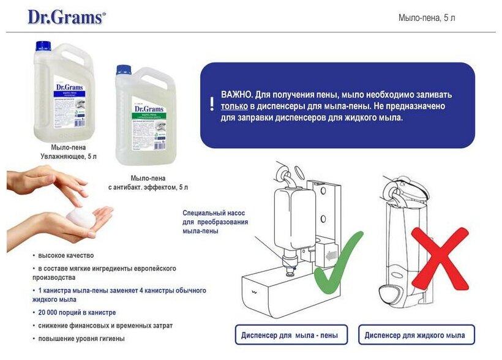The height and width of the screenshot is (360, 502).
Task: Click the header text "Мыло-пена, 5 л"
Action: coord(427,18)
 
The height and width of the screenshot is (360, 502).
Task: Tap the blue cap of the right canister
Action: coord(124,70)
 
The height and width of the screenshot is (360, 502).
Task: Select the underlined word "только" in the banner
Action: coord(234,106)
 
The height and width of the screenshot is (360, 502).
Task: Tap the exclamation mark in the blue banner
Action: coord(212,103)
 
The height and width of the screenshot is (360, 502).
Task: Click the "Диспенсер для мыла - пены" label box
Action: coord(291,335)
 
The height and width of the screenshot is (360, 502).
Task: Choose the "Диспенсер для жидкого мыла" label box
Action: coord(416,335)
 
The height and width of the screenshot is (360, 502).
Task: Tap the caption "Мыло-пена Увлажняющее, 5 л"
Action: coord(69,152)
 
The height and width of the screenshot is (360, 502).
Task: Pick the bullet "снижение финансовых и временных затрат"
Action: coord(96,326)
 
